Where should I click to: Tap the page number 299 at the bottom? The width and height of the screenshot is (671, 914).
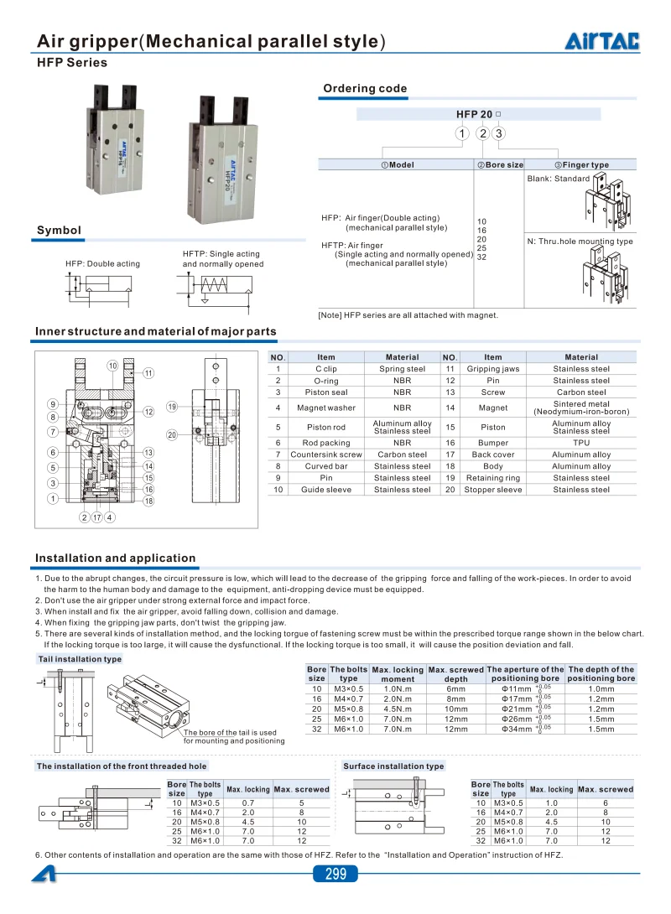point(335,875)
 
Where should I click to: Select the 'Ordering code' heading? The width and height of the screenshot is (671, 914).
point(365,89)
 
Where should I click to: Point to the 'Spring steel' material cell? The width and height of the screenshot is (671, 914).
point(402,369)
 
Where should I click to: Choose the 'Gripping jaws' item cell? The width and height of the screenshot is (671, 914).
point(493,369)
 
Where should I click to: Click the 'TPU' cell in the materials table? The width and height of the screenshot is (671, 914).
point(581,443)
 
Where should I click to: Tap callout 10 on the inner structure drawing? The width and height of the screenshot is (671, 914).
point(112,366)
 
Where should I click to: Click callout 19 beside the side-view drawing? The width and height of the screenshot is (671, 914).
point(171,407)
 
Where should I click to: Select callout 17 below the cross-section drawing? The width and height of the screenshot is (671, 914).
point(97,517)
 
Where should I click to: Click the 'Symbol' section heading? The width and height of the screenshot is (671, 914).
point(59,231)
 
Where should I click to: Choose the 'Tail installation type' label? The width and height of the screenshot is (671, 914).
point(80,660)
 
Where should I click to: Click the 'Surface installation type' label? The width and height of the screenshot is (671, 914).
point(393,766)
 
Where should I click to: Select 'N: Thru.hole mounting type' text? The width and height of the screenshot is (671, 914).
point(580,241)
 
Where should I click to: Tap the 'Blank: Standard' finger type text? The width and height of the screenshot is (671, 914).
point(559,179)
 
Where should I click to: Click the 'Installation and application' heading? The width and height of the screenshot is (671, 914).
point(115,558)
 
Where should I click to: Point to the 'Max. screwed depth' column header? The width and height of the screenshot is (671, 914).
point(456,674)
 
